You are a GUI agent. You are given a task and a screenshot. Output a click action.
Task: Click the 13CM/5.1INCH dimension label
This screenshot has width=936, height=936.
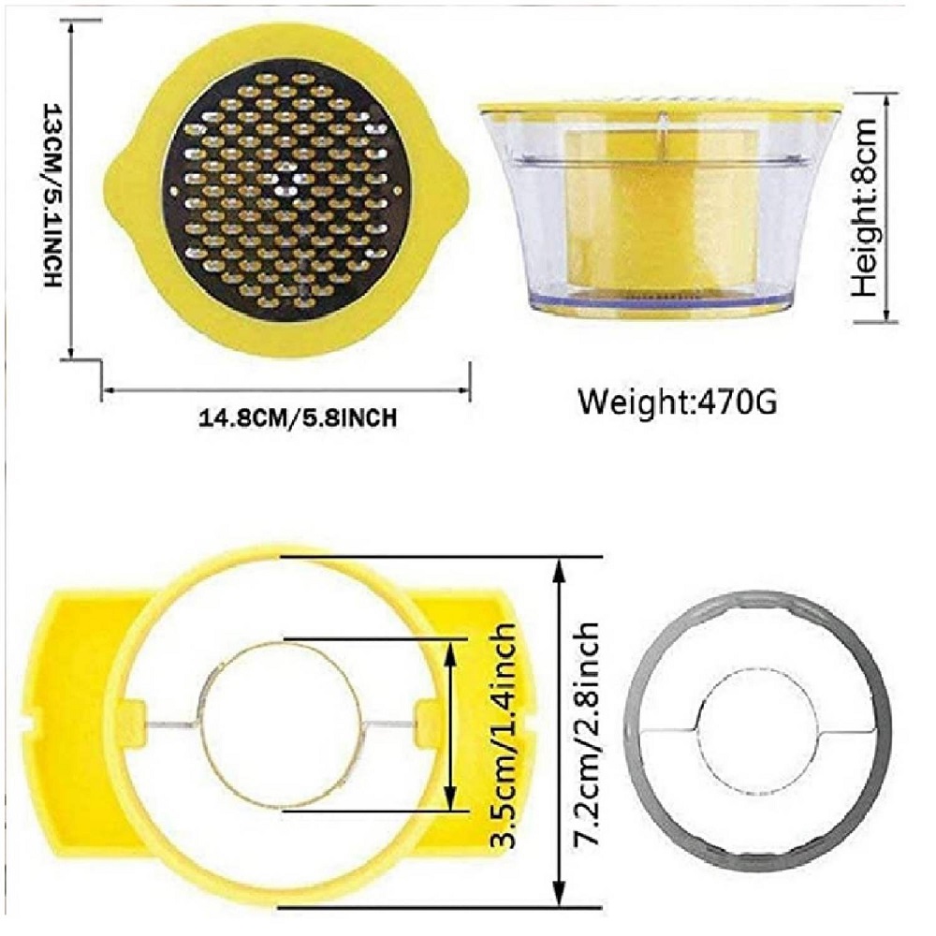click(x=52, y=195)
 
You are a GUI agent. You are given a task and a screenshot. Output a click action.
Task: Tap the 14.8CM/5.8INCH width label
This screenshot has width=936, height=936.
click(x=298, y=417)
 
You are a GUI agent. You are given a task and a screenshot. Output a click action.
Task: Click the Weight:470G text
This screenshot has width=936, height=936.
click(x=678, y=402)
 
